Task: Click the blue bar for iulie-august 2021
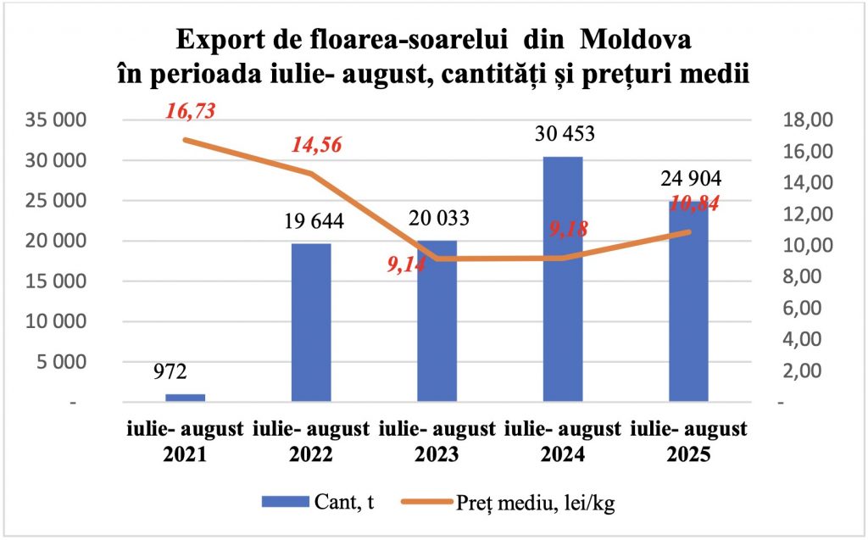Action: (185, 397)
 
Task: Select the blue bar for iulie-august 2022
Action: (311, 322)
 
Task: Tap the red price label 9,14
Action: (408, 264)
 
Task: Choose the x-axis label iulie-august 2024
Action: (563, 441)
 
